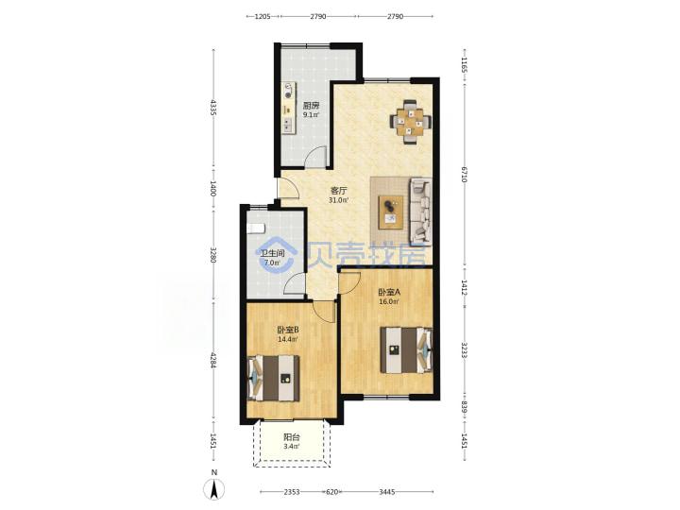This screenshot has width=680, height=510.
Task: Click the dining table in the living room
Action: click(410, 122)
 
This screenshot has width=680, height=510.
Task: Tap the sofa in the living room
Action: click(420, 211)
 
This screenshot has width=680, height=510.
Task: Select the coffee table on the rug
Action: click(391, 212)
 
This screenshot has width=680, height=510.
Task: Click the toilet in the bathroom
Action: click(255, 229)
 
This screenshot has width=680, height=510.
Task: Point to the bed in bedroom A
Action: click(406, 350)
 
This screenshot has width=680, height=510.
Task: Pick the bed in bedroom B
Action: click(273, 378)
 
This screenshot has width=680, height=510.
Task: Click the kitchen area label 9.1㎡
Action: click(311, 115)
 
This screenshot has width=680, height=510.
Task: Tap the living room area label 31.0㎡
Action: click(339, 200)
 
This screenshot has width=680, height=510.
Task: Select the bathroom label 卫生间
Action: click(272, 253)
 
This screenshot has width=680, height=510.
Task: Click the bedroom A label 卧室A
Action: click(389, 292)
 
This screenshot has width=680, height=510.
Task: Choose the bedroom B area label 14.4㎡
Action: click(287, 339)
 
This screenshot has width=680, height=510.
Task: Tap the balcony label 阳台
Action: click(292, 437)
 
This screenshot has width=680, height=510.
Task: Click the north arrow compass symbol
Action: click(214, 489)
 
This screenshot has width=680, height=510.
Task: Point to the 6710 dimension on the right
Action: click(464, 175)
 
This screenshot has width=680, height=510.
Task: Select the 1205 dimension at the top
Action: click(263, 16)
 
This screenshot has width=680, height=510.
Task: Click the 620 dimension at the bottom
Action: click(331, 492)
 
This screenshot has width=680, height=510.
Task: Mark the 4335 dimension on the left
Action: click(212, 108)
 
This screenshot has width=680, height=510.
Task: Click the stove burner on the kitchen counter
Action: click(288, 92)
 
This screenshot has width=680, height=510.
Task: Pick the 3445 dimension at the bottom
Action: click(387, 492)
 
